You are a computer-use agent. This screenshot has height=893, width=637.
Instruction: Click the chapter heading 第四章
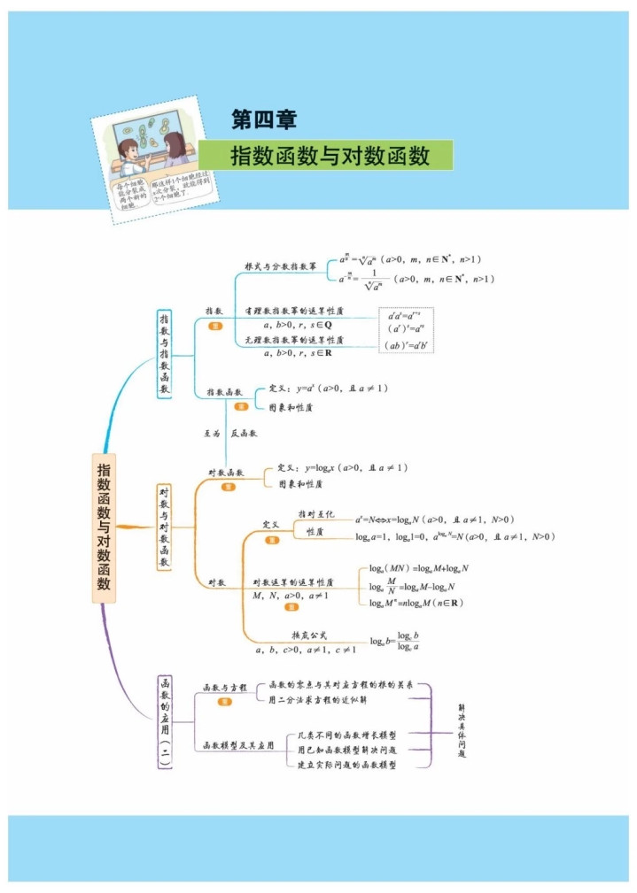coord(263,119)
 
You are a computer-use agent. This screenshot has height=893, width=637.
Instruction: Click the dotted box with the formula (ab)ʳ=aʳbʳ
coord(407,345)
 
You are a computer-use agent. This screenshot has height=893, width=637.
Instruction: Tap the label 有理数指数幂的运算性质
coord(294,312)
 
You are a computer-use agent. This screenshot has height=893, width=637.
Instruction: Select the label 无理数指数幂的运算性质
coord(294,339)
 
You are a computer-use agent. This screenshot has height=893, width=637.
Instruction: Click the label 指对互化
coord(316,514)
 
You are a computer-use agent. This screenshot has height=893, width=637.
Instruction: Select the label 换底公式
coord(309,635)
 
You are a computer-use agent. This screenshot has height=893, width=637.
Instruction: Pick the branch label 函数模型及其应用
coord(238,744)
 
